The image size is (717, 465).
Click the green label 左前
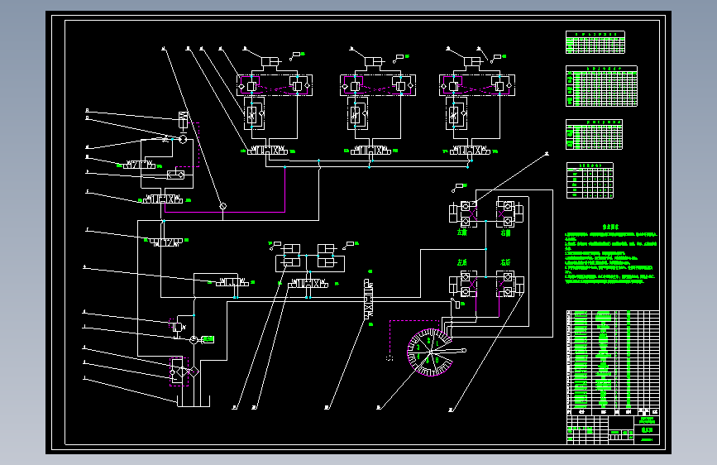(x=462, y=232)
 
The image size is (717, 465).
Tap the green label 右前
(x=505, y=232)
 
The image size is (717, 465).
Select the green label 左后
(x=462, y=262)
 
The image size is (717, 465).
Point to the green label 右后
(x=505, y=262)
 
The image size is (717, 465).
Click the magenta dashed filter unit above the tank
(x=179, y=370)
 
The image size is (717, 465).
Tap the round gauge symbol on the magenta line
(x=222, y=205)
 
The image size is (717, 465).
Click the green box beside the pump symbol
(x=208, y=339)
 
